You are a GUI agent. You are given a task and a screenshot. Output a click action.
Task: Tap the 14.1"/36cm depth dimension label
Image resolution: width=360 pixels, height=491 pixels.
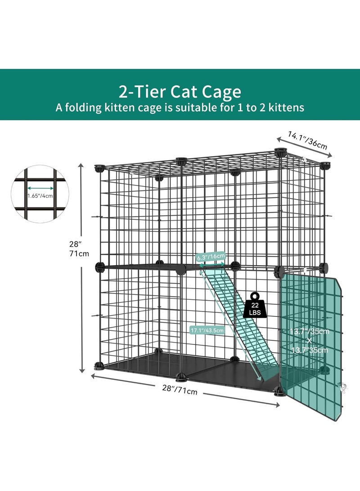pyautogui.click(x=308, y=139)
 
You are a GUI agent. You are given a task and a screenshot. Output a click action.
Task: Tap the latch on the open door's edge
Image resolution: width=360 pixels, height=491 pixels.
pyautogui.click(x=343, y=386)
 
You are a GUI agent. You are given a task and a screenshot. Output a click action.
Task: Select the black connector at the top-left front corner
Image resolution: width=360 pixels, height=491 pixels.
pyautogui.click(x=98, y=169)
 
